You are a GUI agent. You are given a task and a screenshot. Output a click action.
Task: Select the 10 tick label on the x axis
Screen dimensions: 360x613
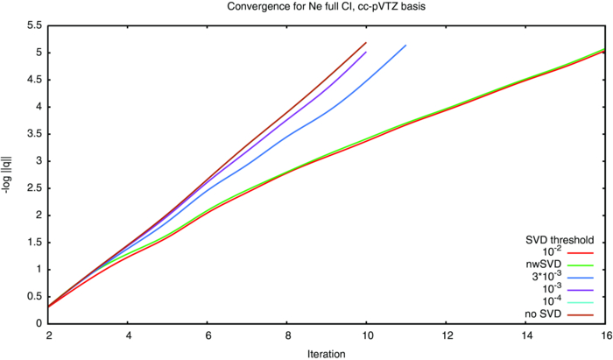tap(365, 335)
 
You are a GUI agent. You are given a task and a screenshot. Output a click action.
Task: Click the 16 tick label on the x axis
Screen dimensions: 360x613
tap(603, 335)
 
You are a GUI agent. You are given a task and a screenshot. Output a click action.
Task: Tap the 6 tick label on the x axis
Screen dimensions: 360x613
tap(208, 335)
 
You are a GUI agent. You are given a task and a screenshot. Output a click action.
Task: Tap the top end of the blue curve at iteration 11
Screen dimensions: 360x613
tap(405, 46)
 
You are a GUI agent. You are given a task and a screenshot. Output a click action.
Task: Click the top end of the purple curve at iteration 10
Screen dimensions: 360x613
tap(366, 52)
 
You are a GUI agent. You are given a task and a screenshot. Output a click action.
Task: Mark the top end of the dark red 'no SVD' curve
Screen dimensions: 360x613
tap(366, 42)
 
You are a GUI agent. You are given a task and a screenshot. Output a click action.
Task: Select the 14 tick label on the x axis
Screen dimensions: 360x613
tap(524, 335)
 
